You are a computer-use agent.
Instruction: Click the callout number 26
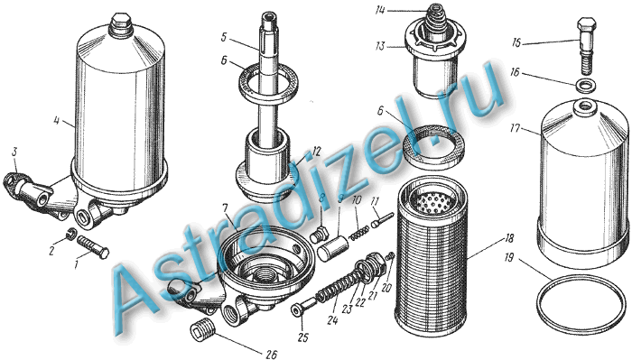point(271,355)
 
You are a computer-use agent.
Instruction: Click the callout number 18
point(508,238)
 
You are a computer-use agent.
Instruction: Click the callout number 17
point(514,129)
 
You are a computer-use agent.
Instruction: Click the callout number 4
point(56,120)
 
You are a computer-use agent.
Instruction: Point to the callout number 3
point(15,152)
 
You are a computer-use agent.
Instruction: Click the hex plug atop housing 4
point(120,25)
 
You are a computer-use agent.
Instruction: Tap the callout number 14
point(380,11)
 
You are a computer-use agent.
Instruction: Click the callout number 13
point(380,46)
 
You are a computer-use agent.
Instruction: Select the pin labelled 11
point(381,221)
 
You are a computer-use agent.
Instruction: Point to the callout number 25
point(302,337)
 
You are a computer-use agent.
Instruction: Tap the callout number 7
point(225,209)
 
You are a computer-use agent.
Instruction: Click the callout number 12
point(316,152)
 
